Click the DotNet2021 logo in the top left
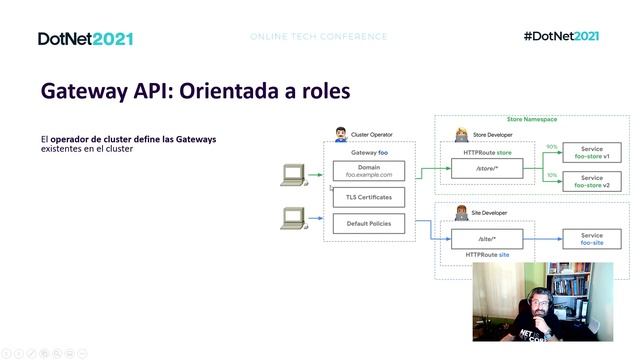click(85, 38)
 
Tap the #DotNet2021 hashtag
click(561, 36)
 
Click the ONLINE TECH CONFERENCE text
click(319, 37)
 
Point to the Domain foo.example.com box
click(368, 171)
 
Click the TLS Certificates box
click(368, 197)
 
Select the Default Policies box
click(368, 224)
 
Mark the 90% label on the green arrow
click(551, 147)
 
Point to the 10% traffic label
click(551, 175)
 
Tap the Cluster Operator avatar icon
click(341, 133)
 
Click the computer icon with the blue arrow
click(292, 217)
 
